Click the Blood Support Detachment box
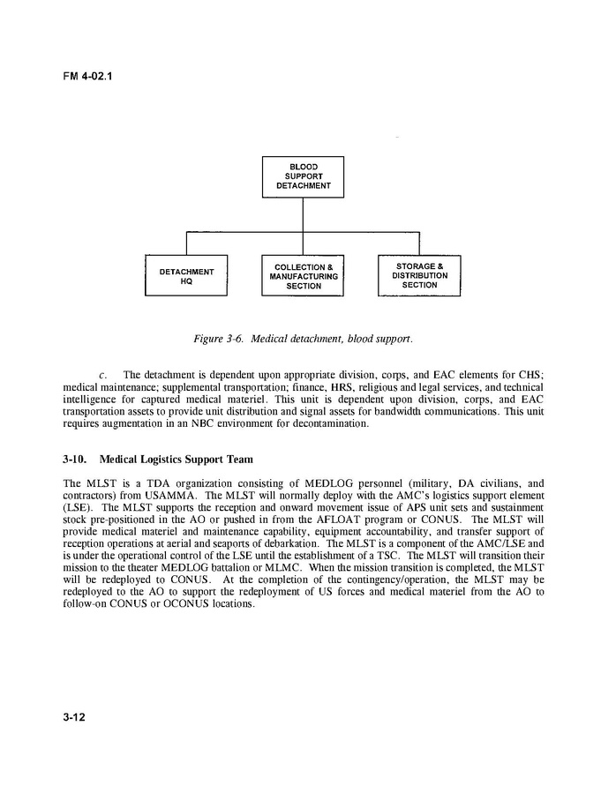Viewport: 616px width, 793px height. coord(303,176)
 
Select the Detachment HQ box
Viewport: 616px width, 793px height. coord(186,276)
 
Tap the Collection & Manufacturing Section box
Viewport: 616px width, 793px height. coord(303,276)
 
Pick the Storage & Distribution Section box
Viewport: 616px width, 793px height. coord(419,275)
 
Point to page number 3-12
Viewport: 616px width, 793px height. coord(73,716)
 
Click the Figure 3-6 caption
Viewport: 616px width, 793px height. coord(304,338)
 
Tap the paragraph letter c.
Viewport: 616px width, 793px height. coord(104,374)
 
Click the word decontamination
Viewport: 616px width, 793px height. coord(319,423)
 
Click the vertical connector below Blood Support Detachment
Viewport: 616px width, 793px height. coord(303,214)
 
